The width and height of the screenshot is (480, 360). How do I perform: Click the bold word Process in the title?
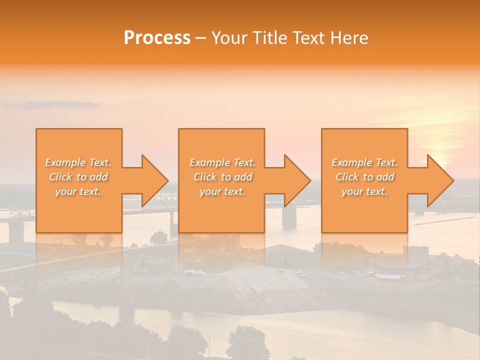pos(157,38)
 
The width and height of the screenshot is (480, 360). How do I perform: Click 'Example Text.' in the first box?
pos(78,162)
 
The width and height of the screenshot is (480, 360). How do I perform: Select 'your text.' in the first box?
pos(78,191)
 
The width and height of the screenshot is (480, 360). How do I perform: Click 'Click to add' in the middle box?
pos(222,177)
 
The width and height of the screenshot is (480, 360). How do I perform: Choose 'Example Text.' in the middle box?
pos(222,162)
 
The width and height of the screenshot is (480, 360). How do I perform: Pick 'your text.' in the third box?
pos(364,191)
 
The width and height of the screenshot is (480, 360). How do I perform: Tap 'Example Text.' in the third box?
pos(364,162)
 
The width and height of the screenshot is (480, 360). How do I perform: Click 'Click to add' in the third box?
pos(364,177)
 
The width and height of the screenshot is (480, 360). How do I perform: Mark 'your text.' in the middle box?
pos(222,191)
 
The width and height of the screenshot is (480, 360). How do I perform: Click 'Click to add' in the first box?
pos(78,177)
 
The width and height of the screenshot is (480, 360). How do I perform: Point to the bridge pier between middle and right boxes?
pos(289,216)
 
